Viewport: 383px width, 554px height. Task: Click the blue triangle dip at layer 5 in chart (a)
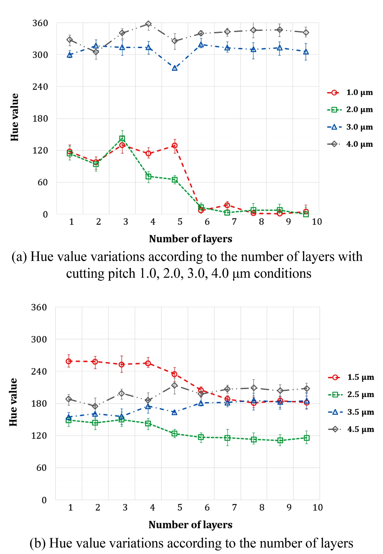175,68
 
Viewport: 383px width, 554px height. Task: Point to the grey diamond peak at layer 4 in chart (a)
148,24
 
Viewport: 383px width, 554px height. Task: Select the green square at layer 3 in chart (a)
122,138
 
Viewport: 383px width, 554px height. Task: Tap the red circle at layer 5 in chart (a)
175,146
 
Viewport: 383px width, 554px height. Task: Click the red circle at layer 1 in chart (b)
69,361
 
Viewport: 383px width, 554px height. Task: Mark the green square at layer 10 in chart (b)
307,438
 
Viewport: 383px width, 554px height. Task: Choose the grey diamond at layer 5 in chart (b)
174,385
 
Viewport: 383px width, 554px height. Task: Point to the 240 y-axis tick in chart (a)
40,87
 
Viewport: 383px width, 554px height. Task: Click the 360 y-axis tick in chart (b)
39,307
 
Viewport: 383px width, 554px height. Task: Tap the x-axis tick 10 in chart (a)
317,222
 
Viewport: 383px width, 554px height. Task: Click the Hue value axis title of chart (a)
15,117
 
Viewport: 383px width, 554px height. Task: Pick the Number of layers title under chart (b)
190,525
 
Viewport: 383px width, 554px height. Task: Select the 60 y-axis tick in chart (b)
41,468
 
